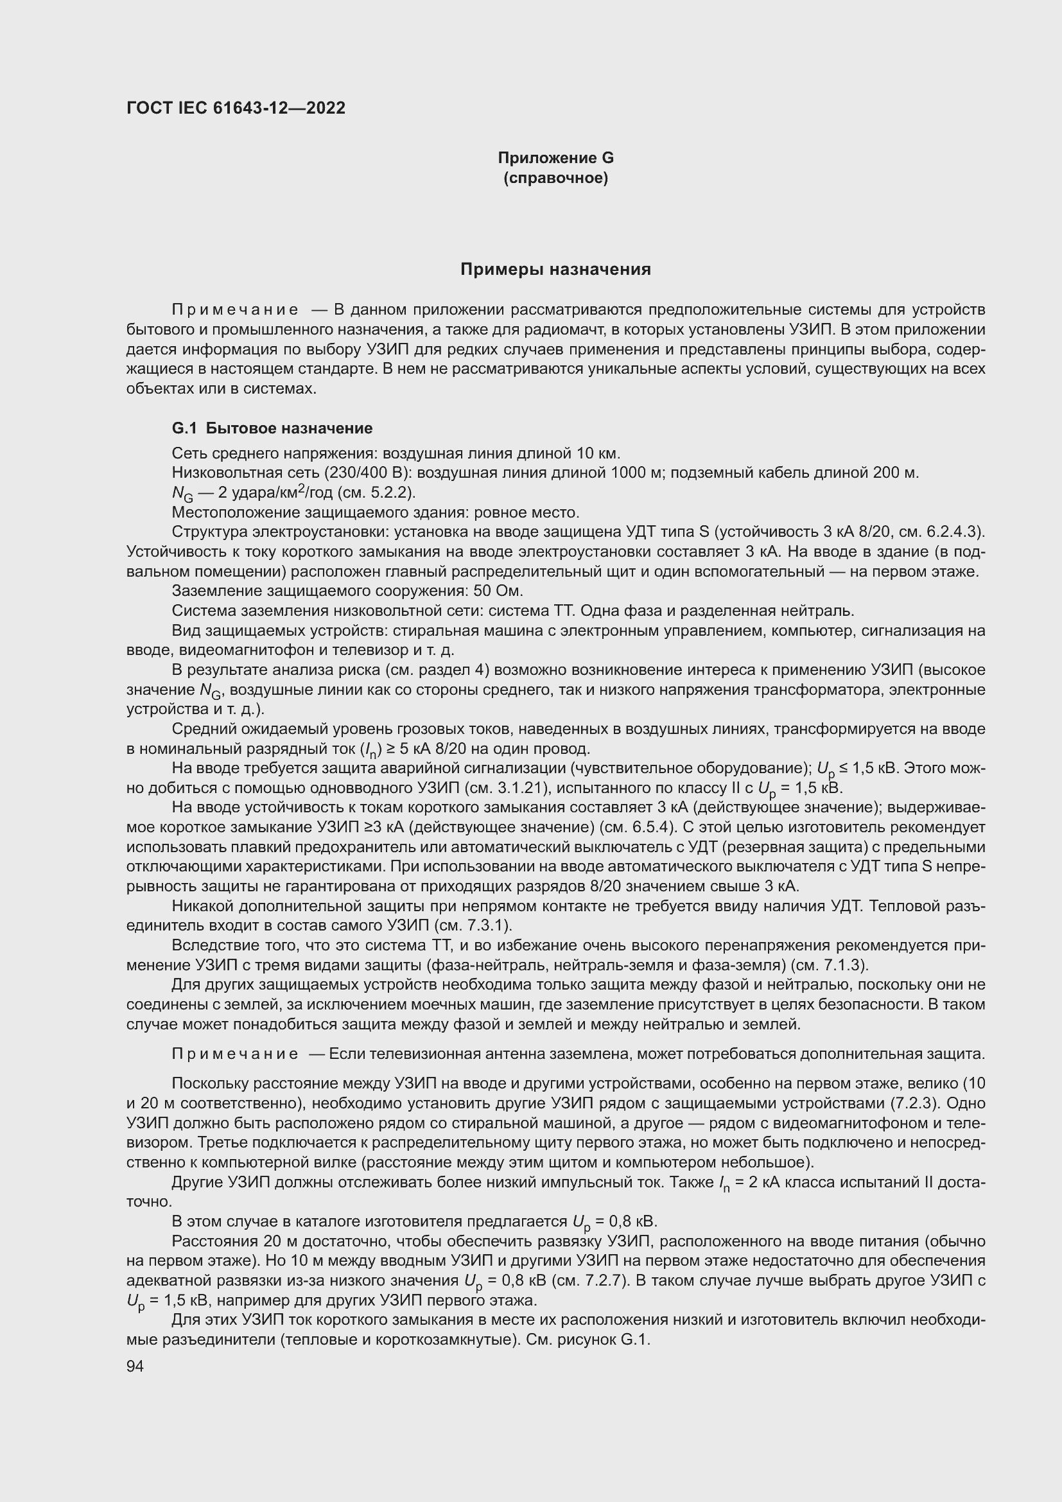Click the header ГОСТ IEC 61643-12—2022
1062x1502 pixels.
tap(236, 108)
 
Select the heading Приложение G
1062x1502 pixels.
tap(555, 158)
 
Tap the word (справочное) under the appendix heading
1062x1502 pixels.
tap(555, 178)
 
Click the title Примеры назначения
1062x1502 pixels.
tap(555, 270)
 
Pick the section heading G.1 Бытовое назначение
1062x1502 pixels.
tap(272, 428)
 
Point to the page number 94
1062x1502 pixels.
tap(135, 1367)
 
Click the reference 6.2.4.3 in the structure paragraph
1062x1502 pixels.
tap(953, 532)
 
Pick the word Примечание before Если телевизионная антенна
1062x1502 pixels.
tap(235, 1054)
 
